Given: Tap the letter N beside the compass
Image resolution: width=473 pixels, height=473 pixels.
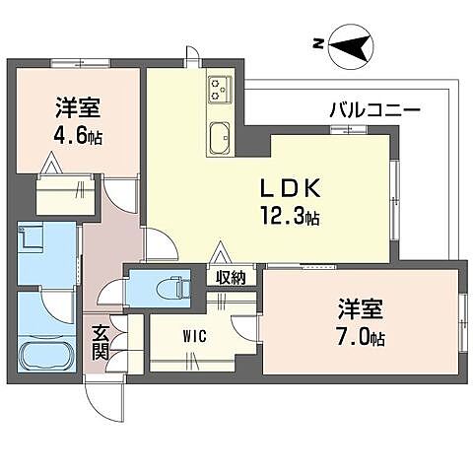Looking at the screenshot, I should tap(318, 43).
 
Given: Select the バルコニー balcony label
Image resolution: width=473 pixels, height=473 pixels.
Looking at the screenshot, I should tap(375, 109).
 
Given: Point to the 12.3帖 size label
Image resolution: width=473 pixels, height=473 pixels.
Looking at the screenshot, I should tap(289, 217).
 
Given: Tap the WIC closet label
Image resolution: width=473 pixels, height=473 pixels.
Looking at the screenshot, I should tap(193, 336).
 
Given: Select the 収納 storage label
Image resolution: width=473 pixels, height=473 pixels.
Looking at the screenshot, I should tap(233, 277).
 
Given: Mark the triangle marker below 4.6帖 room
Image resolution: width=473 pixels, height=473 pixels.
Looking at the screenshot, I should tap(50, 165).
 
